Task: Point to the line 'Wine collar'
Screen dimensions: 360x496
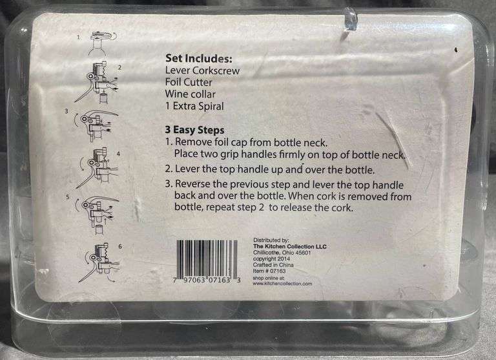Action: (192, 94)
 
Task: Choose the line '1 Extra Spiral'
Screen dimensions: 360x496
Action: (195, 107)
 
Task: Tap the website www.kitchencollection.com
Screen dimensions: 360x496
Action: (283, 284)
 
